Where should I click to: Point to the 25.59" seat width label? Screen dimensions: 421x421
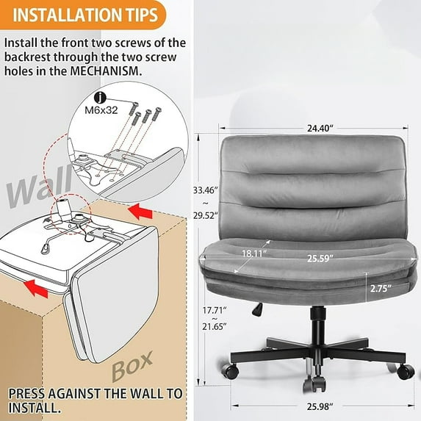tap(320, 259)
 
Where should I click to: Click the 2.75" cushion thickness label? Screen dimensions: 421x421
tap(379, 288)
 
